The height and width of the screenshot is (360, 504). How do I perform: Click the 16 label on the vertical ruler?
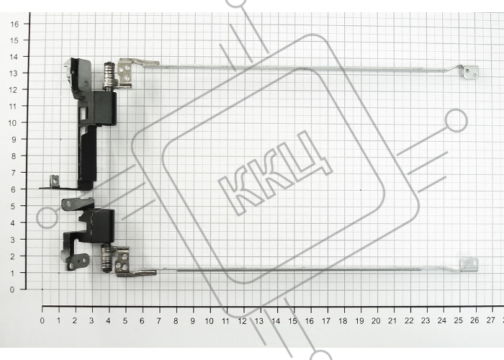pyautogui.click(x=15, y=24)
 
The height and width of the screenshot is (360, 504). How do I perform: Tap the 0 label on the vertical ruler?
pyautogui.click(x=12, y=289)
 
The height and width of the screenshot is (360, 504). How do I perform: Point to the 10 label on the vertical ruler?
pyautogui.click(x=12, y=123)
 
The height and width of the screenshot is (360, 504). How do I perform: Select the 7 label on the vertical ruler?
pyautogui.click(x=13, y=173)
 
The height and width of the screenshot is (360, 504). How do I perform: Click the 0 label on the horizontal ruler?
pyautogui.click(x=42, y=320)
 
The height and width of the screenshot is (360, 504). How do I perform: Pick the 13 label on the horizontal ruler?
pyautogui.click(x=258, y=320)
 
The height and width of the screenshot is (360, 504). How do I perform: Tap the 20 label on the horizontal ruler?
pyautogui.click(x=376, y=320)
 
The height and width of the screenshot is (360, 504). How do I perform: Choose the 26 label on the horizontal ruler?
pyautogui.click(x=474, y=320)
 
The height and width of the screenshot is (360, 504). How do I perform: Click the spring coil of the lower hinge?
pyautogui.click(x=106, y=258)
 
